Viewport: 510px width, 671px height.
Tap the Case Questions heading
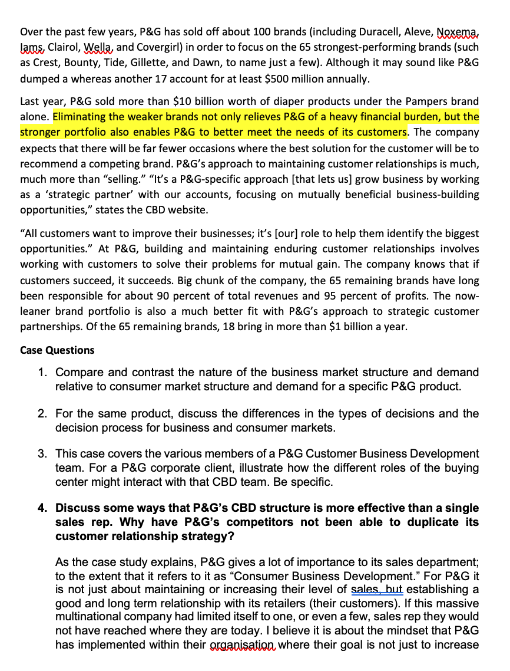click(57, 350)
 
